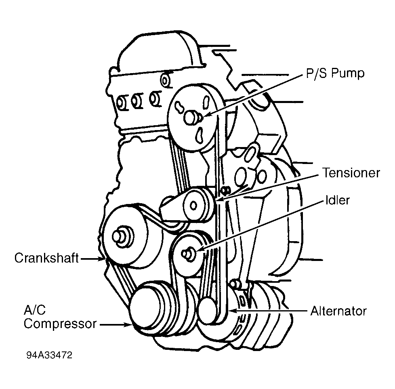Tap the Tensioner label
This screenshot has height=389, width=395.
coord(351,173)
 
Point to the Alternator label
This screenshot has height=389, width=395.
coord(338,311)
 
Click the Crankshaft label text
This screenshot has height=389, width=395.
coord(46,258)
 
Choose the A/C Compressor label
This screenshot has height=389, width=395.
coord(60,317)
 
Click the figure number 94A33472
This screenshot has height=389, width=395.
coord(49,356)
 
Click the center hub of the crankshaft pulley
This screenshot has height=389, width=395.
coord(121,236)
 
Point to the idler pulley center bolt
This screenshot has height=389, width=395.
coord(187,253)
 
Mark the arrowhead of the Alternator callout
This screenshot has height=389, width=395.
coord(231,311)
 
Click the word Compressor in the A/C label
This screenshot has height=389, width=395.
coord(60,324)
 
